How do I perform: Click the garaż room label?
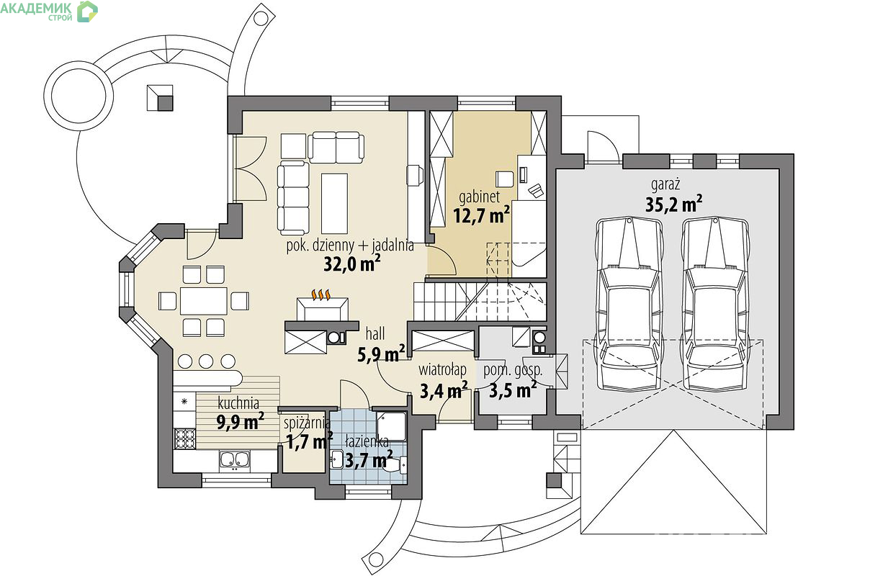[665, 184]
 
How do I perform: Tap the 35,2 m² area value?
[673, 204]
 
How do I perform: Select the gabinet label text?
[479, 197]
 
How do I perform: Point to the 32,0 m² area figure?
[352, 264]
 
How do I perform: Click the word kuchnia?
[238, 402]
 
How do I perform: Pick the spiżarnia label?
[307, 423]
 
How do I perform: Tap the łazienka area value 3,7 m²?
[369, 460]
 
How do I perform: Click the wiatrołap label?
[442, 369]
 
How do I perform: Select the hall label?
[375, 333]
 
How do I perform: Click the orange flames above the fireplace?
[321, 294]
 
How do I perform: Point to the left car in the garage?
[629, 305]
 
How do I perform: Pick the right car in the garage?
[716, 305]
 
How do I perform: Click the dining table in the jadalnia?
[204, 301]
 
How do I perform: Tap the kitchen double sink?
[235, 460]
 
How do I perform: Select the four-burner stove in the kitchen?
[184, 438]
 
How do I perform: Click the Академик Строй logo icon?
[87, 12]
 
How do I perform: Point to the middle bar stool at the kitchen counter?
[206, 361]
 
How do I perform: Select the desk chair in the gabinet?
[505, 179]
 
